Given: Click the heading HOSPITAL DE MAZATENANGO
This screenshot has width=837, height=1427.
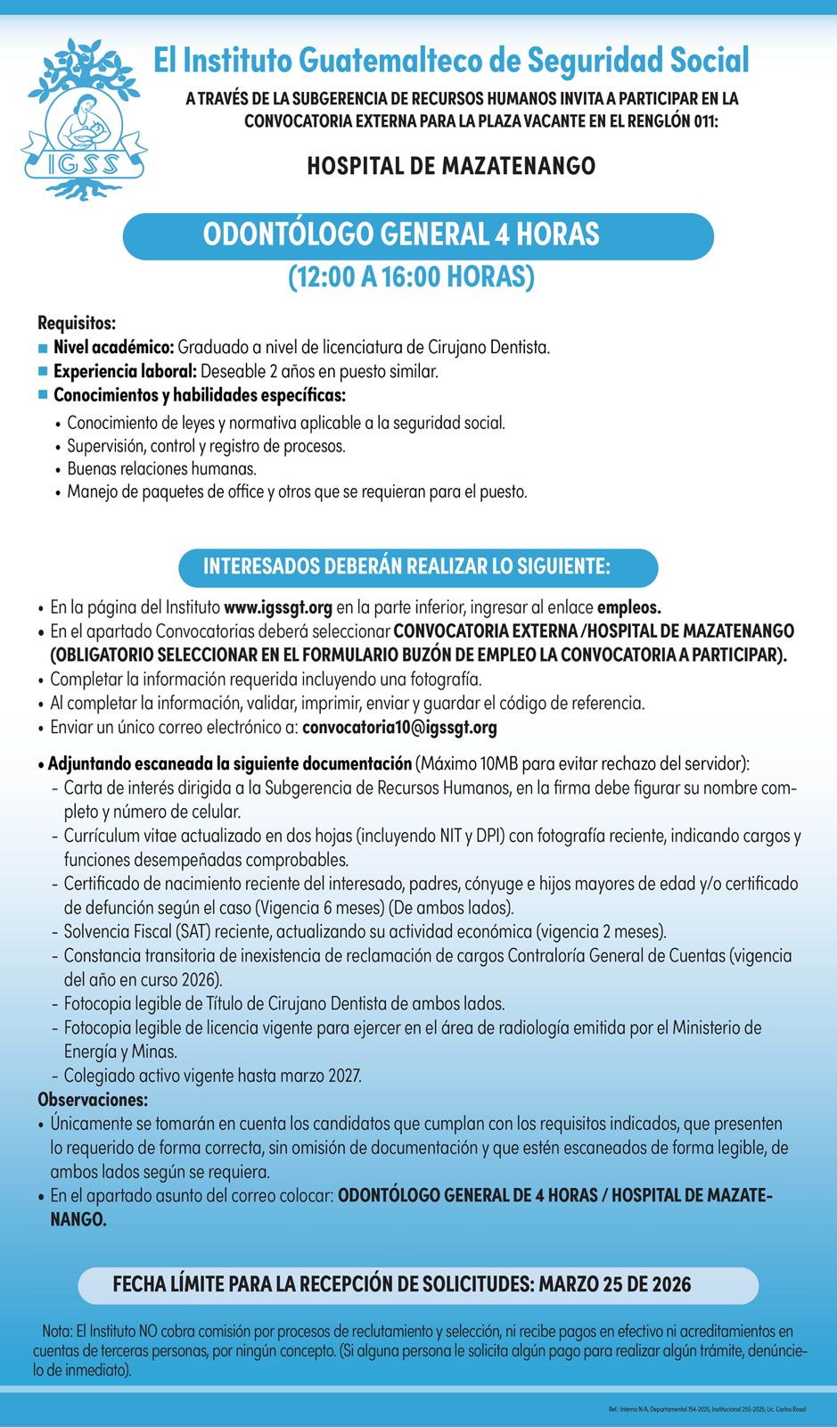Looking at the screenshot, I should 451,166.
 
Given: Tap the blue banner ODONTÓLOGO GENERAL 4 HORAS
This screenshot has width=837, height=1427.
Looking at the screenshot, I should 418,235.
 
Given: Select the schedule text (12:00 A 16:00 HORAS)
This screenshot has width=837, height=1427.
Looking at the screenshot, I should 411,277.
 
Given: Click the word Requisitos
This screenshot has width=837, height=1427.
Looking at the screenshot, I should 77,323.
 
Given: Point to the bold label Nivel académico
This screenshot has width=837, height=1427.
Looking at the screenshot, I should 113,347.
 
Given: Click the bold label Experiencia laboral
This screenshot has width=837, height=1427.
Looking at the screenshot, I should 125,371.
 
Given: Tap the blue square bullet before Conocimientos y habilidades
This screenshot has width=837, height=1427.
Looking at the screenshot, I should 43,395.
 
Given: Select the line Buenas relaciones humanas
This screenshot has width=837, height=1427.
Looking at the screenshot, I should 161,468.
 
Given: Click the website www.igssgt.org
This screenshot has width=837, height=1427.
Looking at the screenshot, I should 278,607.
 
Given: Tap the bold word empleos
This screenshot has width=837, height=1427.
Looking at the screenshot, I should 628,607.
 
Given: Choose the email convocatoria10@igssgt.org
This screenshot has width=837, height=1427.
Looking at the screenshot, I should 399,727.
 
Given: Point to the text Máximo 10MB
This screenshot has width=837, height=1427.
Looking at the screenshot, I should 468,763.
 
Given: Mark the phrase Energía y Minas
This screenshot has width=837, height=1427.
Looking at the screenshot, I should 120,1052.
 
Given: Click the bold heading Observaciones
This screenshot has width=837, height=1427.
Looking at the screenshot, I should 93,1100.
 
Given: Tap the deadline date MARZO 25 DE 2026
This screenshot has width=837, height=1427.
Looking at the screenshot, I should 615,1284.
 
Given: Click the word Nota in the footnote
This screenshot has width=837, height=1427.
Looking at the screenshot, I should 56,1332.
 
